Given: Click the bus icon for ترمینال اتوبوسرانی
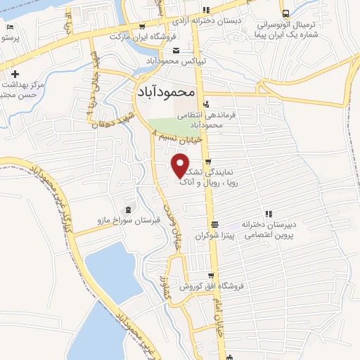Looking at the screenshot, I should pyautogui.click(x=285, y=14).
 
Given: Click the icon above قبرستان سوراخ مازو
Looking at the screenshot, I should pyautogui.click(x=128, y=210).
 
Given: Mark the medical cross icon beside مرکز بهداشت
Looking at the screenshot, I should pyautogui.click(x=14, y=73).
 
